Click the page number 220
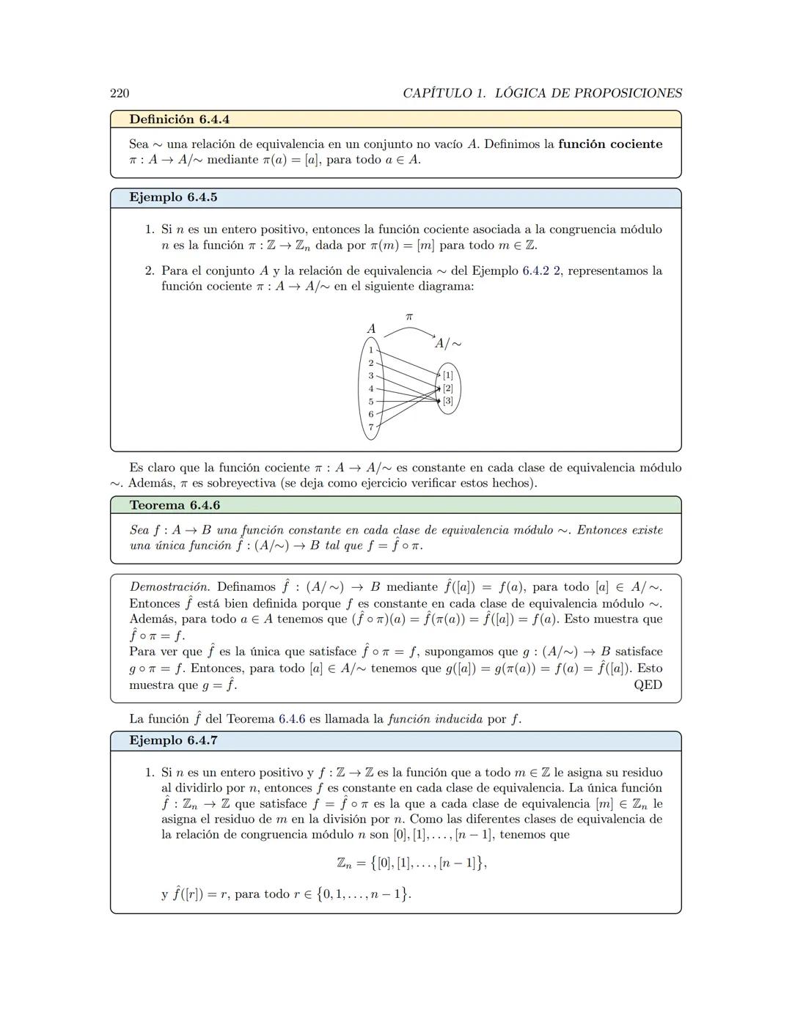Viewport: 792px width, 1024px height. (120, 93)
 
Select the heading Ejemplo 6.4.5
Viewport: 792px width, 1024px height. (173, 198)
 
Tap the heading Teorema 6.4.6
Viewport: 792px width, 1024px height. (175, 506)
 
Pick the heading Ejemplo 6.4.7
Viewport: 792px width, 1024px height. (173, 741)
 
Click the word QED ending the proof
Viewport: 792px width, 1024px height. (648, 685)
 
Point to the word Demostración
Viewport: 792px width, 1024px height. (169, 587)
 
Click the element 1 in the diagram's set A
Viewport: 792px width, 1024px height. (371, 350)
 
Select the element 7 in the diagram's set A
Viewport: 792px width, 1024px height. (371, 427)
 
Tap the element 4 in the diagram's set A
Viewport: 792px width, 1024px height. (371, 388)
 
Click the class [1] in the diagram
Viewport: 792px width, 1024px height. (447, 375)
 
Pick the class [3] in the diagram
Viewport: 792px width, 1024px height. (447, 401)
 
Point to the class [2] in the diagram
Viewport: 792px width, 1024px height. (447, 388)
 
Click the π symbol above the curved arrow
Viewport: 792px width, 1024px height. (409, 317)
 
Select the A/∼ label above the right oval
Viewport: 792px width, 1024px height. (447, 343)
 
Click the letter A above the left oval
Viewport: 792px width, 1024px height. (371, 329)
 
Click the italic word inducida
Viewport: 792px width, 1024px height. (458, 719)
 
